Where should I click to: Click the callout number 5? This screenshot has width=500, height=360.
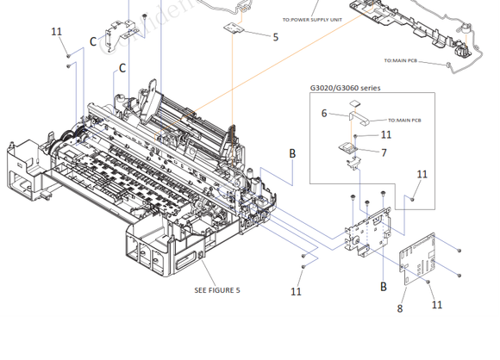pyautogui.click(x=276, y=37)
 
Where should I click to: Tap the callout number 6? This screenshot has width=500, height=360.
pyautogui.click(x=324, y=113)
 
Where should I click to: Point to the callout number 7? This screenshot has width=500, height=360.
pyautogui.click(x=384, y=152)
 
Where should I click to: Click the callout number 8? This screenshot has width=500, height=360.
pyautogui.click(x=400, y=307)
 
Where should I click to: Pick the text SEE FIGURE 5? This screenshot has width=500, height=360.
pyautogui.click(x=217, y=290)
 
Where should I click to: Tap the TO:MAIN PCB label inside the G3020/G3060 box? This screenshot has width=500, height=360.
pyautogui.click(x=405, y=120)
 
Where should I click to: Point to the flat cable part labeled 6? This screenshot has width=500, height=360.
pyautogui.click(x=358, y=110)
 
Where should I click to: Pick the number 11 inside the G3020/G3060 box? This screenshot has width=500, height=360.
pyautogui.click(x=385, y=134)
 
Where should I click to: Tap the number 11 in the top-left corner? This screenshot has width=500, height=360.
pyautogui.click(x=57, y=32)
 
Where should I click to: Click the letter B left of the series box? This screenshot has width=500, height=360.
pyautogui.click(x=292, y=153)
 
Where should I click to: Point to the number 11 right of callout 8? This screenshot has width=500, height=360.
pyautogui.click(x=437, y=305)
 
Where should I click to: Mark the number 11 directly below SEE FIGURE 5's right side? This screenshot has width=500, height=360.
pyautogui.click(x=296, y=292)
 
